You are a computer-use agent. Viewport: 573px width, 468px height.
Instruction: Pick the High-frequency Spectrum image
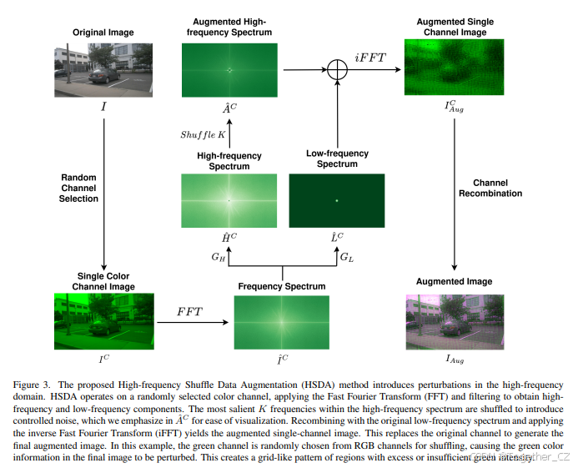pyautogui.click(x=228, y=200)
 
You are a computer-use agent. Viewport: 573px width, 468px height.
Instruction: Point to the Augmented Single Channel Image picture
pyautogui.click(x=454, y=69)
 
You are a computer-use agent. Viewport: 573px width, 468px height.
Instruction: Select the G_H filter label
pyautogui.click(x=219, y=257)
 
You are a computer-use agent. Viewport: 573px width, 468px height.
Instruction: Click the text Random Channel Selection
pyautogui.click(x=79, y=188)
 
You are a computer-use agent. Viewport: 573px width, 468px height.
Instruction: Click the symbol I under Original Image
pyautogui.click(x=103, y=107)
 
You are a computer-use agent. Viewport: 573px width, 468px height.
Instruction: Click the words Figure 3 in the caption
pyautogui.click(x=33, y=384)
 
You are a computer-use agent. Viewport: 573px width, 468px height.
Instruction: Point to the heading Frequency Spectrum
pyautogui.click(x=281, y=286)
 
